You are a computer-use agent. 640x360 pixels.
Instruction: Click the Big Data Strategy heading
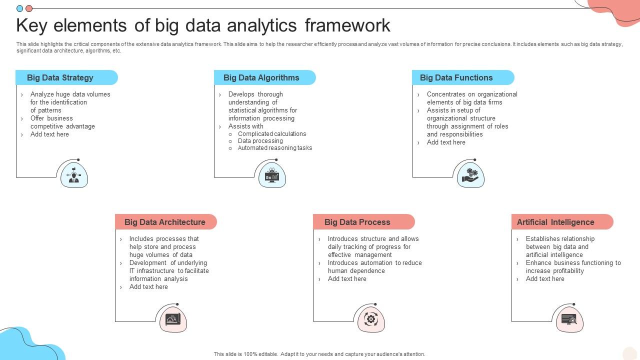point(60,77)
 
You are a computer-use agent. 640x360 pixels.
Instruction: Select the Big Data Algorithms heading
point(261,77)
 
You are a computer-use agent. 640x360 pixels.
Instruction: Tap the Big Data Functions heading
point(456,77)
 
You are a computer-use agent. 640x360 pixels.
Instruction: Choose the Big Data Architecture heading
point(164,222)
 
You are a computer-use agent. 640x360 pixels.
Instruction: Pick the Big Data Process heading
point(357,222)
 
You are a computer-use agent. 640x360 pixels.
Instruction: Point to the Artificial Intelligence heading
point(555,222)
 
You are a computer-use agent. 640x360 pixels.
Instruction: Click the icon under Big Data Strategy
point(74,175)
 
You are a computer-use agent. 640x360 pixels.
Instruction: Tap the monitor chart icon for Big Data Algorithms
point(272,175)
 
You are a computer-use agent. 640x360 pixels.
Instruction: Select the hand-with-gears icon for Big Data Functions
point(470,175)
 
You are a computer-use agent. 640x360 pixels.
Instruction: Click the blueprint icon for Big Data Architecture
point(173,319)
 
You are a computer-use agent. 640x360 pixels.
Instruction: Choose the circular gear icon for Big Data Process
point(371,319)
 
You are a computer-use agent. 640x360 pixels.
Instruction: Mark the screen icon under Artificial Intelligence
point(569,319)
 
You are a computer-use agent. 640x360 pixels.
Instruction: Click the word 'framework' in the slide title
point(347,25)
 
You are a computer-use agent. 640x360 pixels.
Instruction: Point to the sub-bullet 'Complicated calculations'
point(272,134)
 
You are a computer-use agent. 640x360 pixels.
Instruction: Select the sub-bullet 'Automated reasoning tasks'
point(275,148)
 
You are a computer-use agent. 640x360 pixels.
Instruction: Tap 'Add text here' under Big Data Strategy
point(49,134)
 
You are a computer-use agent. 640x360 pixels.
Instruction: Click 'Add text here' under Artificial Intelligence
point(545,279)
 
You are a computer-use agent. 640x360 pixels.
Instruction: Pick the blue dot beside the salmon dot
point(20,8)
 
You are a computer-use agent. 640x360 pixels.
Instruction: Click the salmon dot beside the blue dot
point(29,8)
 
